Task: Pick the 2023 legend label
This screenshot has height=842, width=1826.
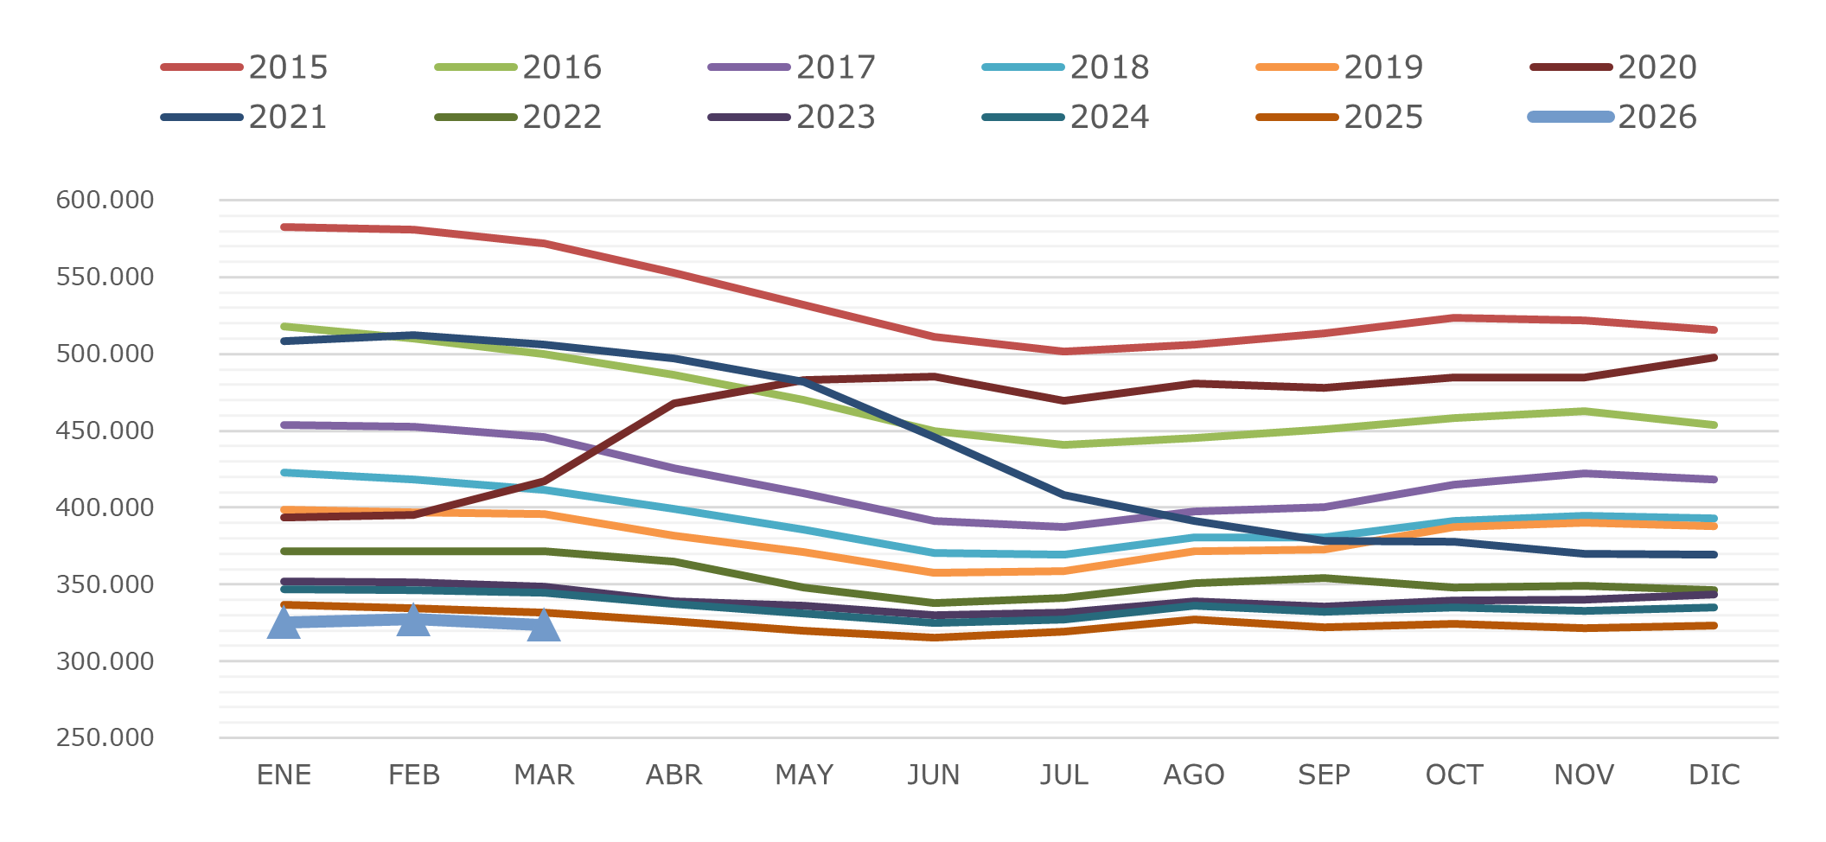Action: (x=835, y=118)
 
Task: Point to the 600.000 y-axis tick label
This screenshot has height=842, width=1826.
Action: (x=105, y=200)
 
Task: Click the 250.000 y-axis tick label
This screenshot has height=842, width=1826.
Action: (x=105, y=737)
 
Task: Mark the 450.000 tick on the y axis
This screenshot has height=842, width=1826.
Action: (x=105, y=431)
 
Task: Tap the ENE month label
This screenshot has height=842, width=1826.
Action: (x=284, y=775)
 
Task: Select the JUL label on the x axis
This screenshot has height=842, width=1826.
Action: (x=1064, y=775)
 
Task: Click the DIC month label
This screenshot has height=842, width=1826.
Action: (x=1714, y=775)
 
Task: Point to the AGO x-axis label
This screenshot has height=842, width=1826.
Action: (x=1194, y=775)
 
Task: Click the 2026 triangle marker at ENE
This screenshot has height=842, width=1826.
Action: (x=284, y=623)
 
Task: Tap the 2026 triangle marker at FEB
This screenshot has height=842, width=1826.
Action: (x=414, y=621)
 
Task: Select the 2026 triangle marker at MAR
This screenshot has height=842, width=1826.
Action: (x=544, y=626)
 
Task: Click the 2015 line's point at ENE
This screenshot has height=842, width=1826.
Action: (x=284, y=227)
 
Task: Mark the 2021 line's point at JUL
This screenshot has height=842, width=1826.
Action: (x=1064, y=495)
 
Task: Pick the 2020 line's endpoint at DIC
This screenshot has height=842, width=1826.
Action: (x=1714, y=357)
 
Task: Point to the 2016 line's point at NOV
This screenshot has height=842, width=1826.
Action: (x=1584, y=411)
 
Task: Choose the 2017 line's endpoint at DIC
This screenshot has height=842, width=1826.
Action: (x=1714, y=480)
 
